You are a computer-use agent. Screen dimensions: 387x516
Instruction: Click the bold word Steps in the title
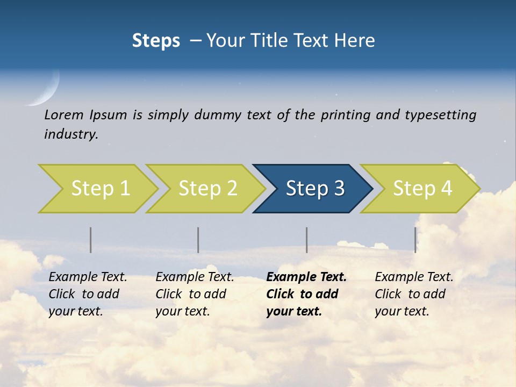(x=156, y=41)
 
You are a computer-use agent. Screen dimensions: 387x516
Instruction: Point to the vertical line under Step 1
(x=90, y=240)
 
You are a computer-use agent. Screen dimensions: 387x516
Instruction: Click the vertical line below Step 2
(x=198, y=240)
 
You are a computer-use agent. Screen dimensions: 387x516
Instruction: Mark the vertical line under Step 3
(x=306, y=240)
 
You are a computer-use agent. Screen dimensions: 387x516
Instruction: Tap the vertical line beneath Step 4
(x=415, y=240)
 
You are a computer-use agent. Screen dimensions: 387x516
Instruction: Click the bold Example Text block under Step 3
(x=306, y=294)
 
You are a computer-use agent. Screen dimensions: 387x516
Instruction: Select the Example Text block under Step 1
(x=88, y=294)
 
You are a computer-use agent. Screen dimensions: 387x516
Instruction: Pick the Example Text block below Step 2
(x=195, y=294)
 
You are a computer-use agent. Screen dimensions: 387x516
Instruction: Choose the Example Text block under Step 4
(x=414, y=294)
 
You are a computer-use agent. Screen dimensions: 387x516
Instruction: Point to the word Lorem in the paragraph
(x=64, y=115)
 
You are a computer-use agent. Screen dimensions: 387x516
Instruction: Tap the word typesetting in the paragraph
(x=440, y=115)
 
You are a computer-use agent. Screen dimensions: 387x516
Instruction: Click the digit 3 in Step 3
(x=339, y=188)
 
